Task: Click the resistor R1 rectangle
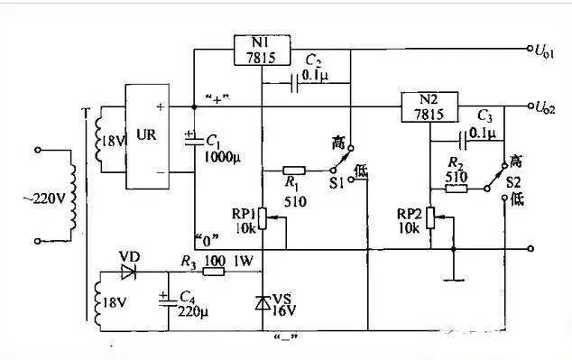tap(295, 171)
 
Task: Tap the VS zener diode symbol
tap(262, 302)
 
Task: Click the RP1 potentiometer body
tap(262, 217)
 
